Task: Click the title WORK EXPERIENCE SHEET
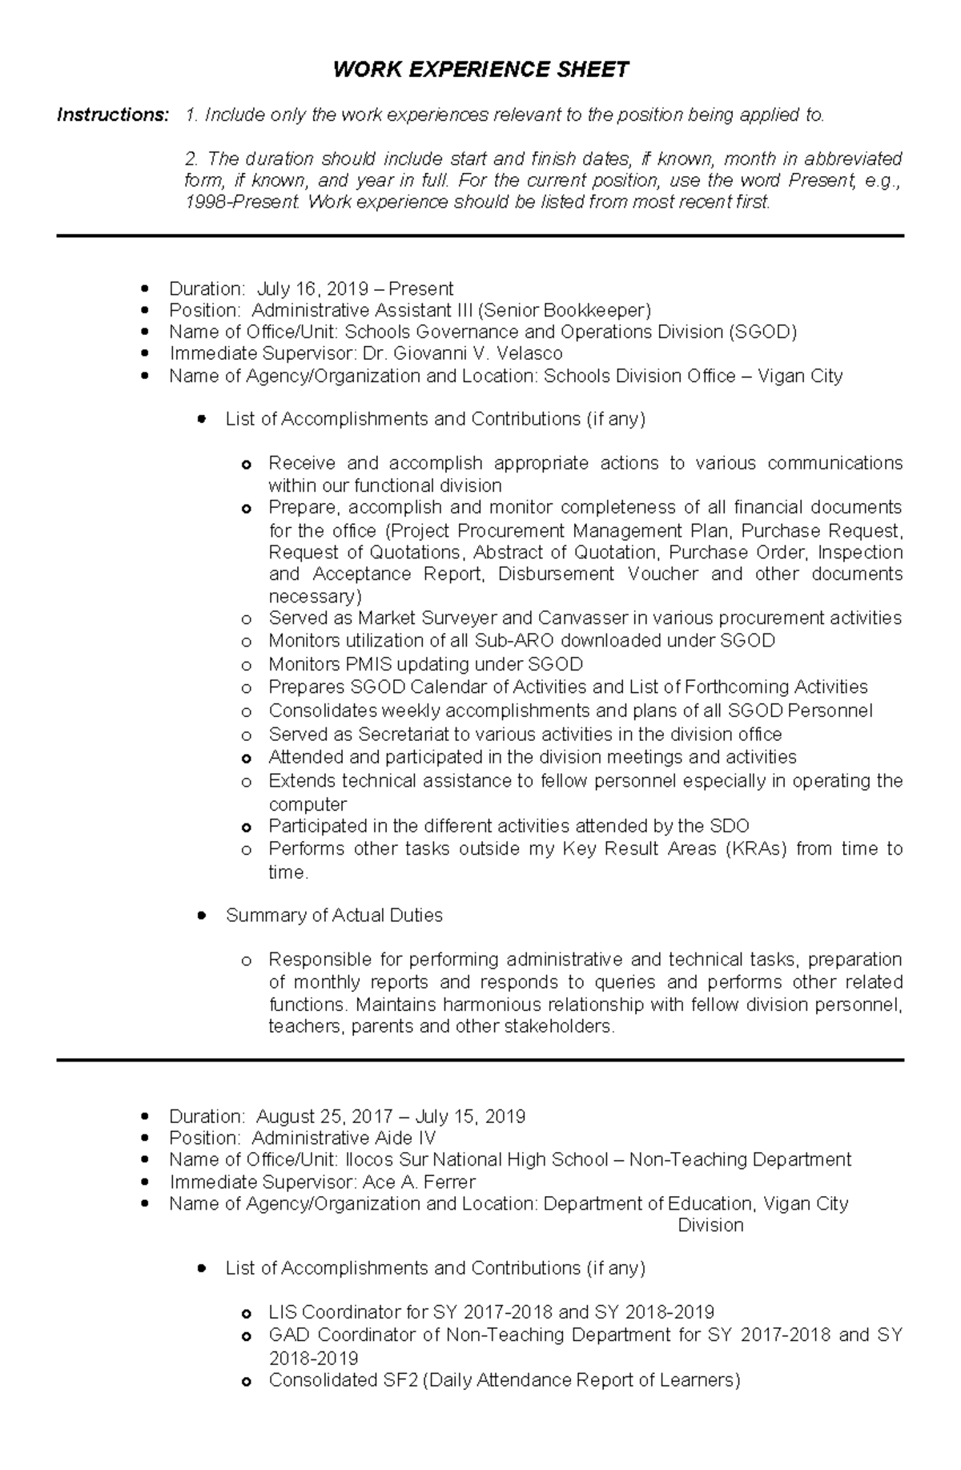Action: (x=480, y=70)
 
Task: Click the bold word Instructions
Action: (x=113, y=115)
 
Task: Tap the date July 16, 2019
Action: (x=313, y=288)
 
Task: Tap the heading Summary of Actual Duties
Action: (x=334, y=915)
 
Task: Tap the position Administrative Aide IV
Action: (x=344, y=1138)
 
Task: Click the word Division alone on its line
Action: (x=710, y=1225)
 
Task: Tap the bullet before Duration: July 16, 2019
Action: (x=144, y=288)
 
